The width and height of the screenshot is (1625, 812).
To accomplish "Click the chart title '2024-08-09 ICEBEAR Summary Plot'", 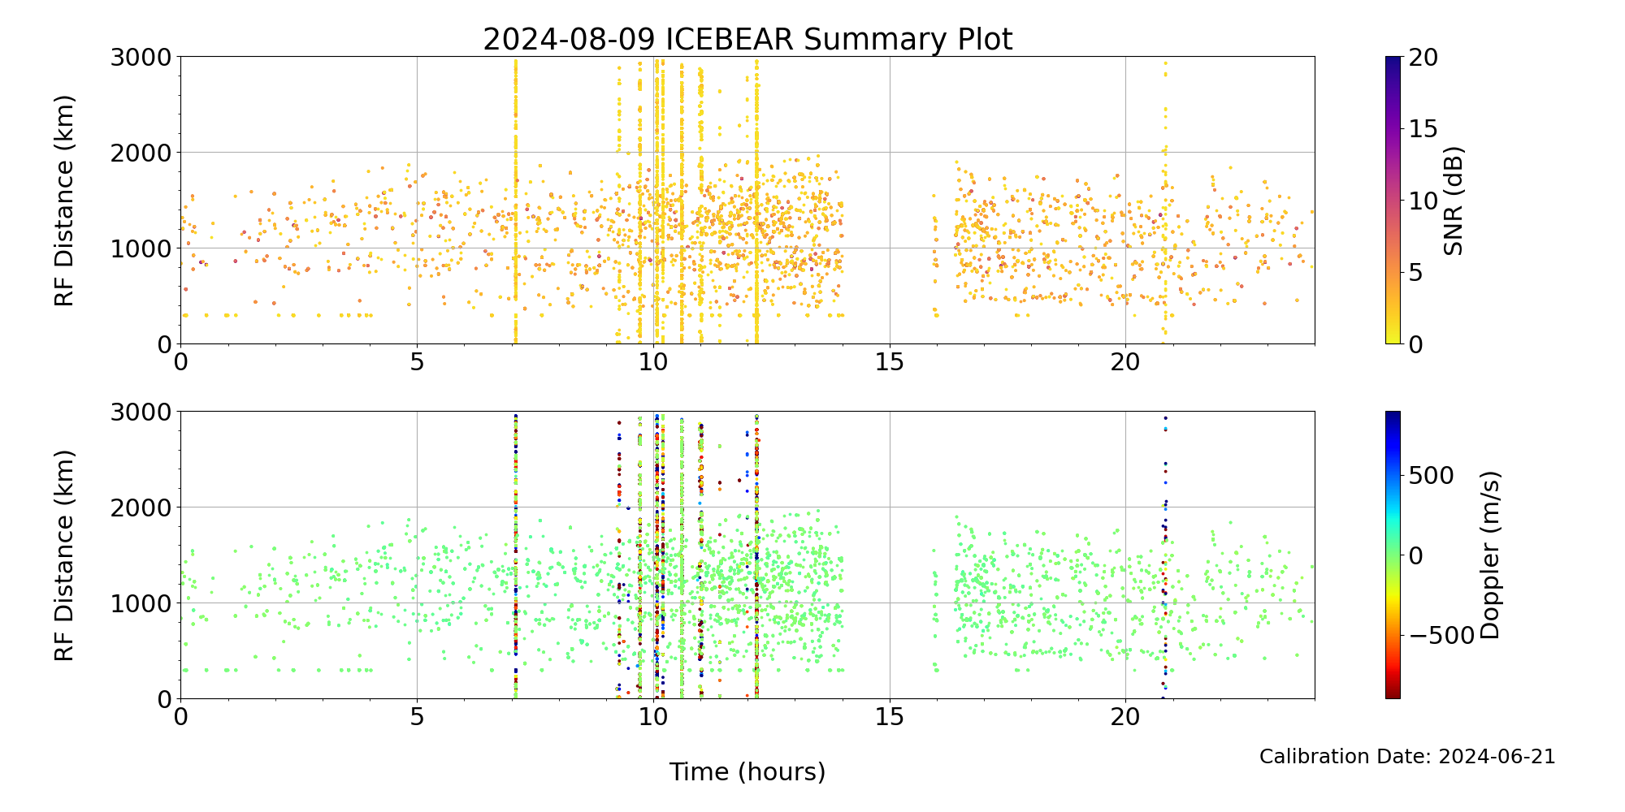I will coord(747,39).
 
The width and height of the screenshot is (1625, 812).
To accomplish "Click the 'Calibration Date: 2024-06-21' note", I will coord(1407,757).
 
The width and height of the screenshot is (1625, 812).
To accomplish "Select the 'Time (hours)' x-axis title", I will coord(747,772).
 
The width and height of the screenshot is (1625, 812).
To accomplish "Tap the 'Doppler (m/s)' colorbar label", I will coord(1489,555).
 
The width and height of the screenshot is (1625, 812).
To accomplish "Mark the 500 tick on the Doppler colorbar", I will coord(1430,476).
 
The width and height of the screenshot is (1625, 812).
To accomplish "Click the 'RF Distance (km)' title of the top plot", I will coord(64,201).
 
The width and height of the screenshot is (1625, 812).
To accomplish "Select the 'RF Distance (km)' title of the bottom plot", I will coord(64,555).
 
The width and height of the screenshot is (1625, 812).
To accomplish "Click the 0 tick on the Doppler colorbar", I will coord(1415,555).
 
